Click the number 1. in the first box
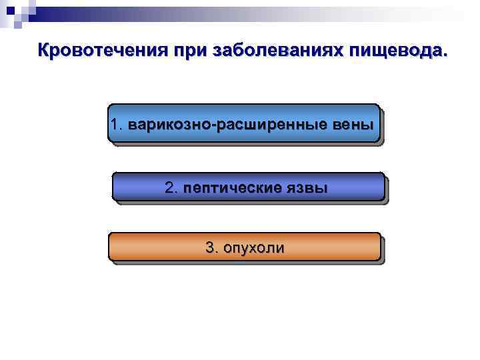tap(118, 124)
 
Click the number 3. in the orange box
tap(212, 248)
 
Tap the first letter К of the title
tap(44, 51)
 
